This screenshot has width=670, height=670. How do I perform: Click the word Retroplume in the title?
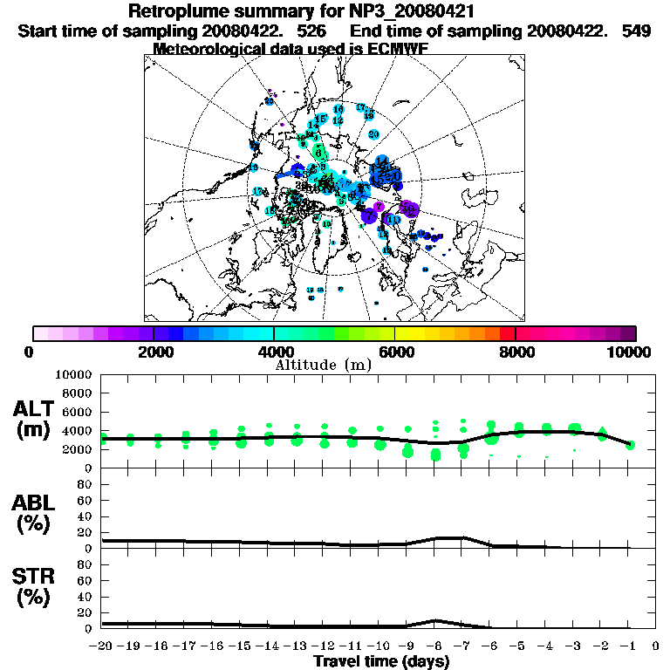tap(178, 11)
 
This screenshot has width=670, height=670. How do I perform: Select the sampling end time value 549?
tap(637, 30)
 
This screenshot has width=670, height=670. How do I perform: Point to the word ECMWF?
tap(389, 48)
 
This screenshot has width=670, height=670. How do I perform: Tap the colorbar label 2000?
tap(154, 352)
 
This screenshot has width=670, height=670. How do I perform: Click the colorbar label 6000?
tap(394, 352)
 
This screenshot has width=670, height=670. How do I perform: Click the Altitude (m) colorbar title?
tap(323, 365)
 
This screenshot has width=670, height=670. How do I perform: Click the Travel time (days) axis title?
tap(381, 661)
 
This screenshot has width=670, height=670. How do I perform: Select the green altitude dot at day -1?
tap(630, 445)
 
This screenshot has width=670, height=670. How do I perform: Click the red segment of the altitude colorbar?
tap(507, 333)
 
